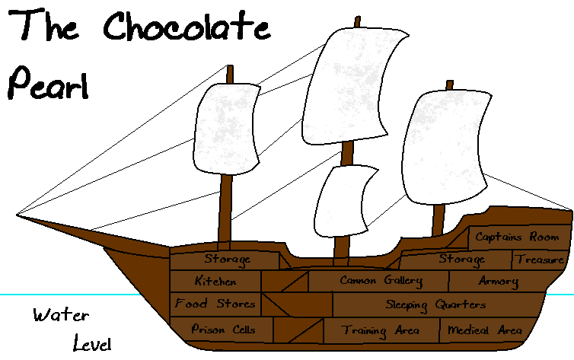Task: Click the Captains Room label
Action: [517, 237]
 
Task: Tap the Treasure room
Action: [540, 260]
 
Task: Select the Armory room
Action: [498, 281]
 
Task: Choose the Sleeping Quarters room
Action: [435, 305]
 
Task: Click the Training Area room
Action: [380, 331]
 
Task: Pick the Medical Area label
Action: [485, 330]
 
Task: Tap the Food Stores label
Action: [215, 304]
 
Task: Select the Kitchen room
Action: [215, 281]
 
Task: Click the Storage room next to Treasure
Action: [461, 260]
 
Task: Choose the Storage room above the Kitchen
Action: [226, 260]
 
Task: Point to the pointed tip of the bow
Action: [30, 220]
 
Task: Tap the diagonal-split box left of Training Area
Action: [298, 331]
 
